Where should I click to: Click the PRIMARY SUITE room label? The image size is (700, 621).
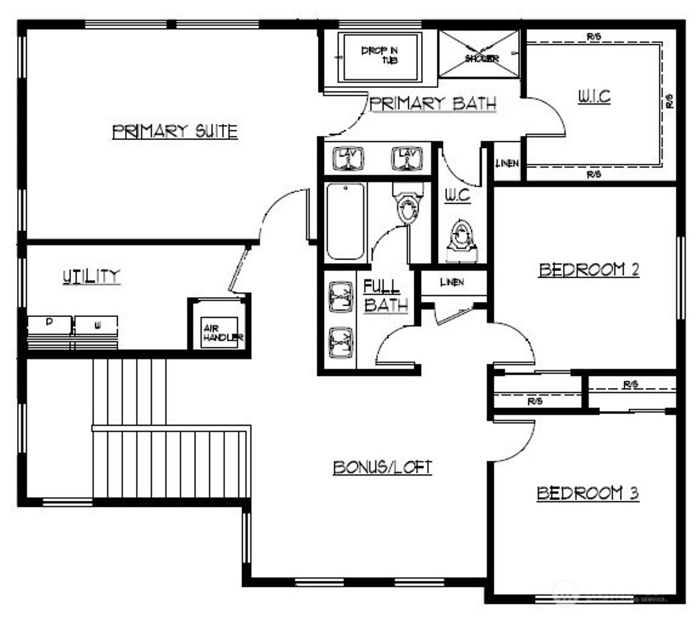click(175, 131)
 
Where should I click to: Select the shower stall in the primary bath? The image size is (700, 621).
click(479, 54)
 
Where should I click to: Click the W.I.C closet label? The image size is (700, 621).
click(593, 97)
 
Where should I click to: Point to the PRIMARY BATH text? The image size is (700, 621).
click(433, 104)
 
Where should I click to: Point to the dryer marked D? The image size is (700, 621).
click(49, 325)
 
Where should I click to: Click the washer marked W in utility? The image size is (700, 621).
click(96, 325)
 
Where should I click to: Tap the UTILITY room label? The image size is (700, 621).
click(91, 276)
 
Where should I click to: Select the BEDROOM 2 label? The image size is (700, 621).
click(589, 270)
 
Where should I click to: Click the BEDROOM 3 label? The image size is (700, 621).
click(587, 493)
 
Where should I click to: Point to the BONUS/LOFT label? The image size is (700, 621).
click(382, 467)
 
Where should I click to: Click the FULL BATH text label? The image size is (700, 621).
click(385, 296)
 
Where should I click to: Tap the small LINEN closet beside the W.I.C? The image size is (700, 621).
click(507, 163)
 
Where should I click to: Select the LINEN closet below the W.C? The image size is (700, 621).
click(452, 283)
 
